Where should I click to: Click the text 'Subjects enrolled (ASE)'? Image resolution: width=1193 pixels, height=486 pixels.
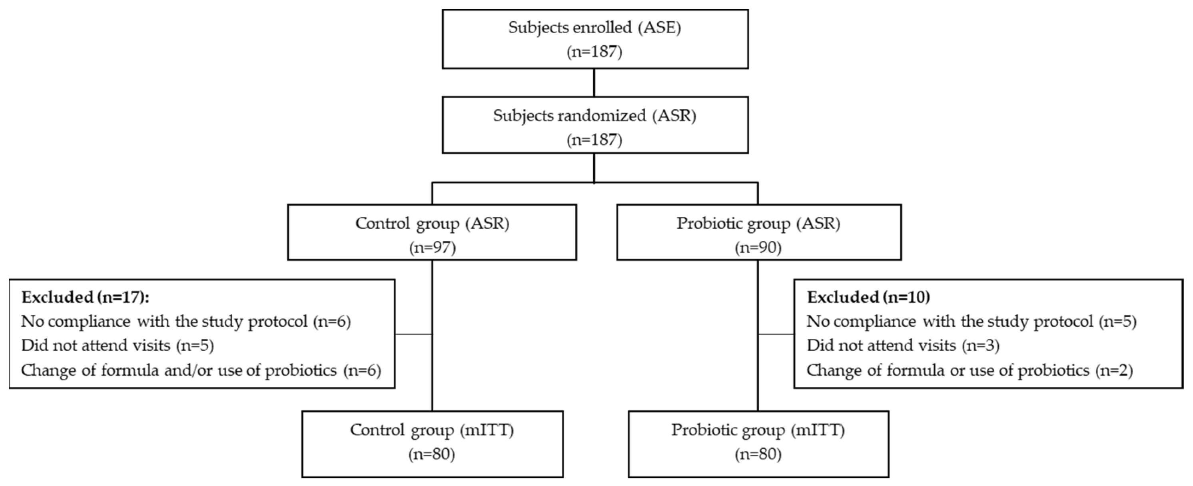(x=595, y=27)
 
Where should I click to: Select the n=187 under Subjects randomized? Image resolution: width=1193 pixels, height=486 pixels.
(x=595, y=140)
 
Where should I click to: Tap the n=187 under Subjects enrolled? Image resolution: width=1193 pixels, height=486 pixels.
(x=595, y=52)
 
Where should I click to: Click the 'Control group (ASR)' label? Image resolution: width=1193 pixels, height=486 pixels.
(x=432, y=223)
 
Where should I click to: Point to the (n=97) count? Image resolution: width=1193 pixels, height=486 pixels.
(x=432, y=248)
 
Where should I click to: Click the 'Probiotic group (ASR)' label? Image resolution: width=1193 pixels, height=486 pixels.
(x=758, y=223)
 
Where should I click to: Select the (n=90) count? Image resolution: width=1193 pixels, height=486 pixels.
(x=758, y=248)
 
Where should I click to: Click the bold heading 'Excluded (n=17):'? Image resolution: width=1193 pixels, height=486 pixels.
(x=85, y=297)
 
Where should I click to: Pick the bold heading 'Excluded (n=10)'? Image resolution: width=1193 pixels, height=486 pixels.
(x=868, y=297)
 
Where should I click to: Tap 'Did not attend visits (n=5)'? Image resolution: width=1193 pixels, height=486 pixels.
(x=117, y=345)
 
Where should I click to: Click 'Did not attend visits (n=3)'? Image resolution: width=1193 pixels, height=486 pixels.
(x=903, y=345)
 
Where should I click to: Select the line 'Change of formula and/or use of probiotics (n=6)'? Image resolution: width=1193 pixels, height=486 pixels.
(x=201, y=370)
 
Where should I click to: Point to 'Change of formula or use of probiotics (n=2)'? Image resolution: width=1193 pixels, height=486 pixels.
(x=969, y=370)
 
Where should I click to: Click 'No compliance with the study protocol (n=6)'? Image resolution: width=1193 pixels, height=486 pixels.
(x=186, y=321)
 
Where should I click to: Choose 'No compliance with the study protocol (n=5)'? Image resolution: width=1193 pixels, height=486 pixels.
(x=971, y=321)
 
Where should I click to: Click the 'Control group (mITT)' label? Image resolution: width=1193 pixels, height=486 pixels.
(x=432, y=430)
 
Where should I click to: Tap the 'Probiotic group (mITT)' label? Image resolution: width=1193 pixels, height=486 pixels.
(x=758, y=430)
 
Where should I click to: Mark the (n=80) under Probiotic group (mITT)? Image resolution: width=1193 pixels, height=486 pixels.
(x=758, y=454)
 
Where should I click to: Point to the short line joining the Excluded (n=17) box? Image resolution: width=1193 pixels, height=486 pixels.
(x=413, y=334)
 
